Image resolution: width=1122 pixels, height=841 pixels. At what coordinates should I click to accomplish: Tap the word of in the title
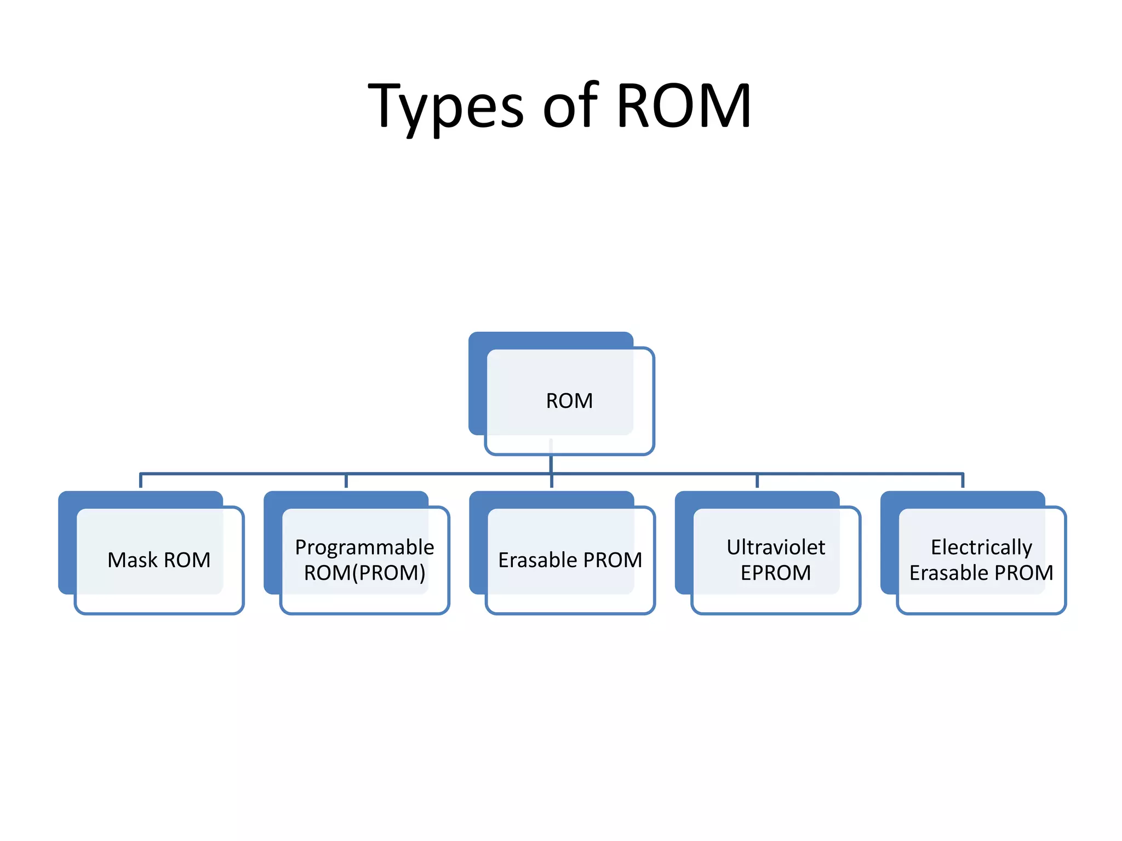[x=570, y=106]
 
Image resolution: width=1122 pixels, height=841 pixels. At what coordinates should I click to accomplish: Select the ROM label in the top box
[x=569, y=401]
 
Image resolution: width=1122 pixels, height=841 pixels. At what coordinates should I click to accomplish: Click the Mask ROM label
[x=159, y=560]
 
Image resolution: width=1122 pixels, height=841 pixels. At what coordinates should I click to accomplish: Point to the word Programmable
[x=364, y=547]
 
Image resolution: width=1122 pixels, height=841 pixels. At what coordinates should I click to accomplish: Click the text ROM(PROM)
[x=364, y=573]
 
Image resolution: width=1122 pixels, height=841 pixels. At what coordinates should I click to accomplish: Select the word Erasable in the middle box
[x=537, y=560]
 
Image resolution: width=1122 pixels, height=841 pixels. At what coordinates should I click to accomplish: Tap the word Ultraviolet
[x=776, y=547]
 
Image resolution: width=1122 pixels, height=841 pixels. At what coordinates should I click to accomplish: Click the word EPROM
[x=776, y=573]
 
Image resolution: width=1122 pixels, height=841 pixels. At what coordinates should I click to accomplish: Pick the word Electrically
[x=981, y=547]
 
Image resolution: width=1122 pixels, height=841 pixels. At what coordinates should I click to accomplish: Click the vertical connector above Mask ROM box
[x=141, y=481]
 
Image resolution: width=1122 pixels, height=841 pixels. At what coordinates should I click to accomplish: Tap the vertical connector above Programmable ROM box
[x=346, y=481]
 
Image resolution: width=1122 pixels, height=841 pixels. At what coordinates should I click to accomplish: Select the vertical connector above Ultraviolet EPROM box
[x=757, y=481]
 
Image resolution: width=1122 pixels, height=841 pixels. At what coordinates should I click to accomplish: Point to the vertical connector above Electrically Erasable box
[x=963, y=481]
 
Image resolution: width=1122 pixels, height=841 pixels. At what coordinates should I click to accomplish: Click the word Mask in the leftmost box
[x=133, y=560]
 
